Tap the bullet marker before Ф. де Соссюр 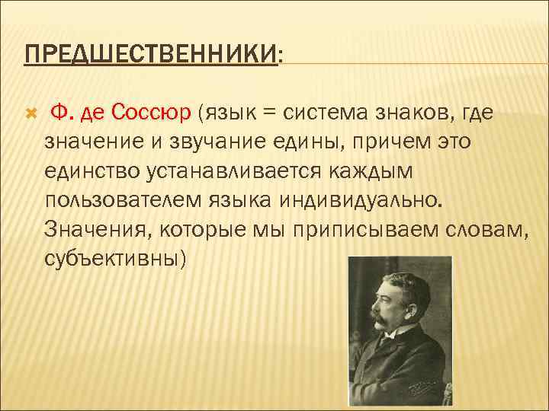[x=30, y=113]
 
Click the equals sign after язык [x=268, y=113]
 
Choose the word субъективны [x=115, y=258]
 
